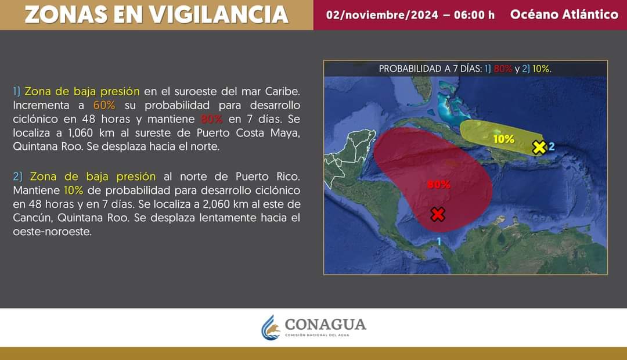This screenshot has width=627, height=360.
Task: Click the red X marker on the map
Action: tap(438, 214)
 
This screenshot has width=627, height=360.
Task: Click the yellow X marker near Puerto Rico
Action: tap(539, 147)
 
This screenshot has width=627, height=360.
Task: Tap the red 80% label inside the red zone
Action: tap(439, 185)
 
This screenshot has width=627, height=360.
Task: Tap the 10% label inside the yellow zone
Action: tap(504, 139)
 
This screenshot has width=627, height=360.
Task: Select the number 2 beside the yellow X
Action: tap(552, 146)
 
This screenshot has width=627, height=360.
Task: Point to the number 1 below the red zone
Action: tap(439, 241)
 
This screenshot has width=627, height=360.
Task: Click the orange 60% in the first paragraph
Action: tap(105, 105)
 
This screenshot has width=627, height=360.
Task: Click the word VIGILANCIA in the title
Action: tap(219, 15)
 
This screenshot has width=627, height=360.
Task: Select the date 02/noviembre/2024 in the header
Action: tap(382, 15)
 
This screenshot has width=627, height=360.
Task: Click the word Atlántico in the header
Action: tap(590, 15)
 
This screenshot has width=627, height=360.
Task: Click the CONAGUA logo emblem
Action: tap(271, 327)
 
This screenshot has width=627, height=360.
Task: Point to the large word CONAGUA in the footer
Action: tap(326, 325)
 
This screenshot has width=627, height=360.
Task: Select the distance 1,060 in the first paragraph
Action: tap(80, 133)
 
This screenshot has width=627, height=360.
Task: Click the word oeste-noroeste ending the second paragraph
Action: tap(52, 232)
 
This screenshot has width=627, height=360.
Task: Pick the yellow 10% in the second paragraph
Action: tap(74, 190)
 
